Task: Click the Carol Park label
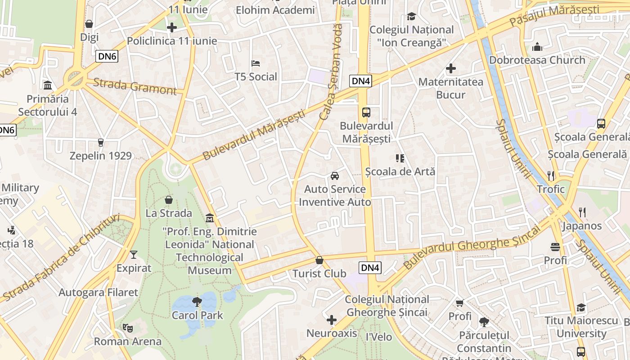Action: [x=197, y=315]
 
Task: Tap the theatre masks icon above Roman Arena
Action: [x=127, y=328]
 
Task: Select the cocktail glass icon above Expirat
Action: [x=134, y=255]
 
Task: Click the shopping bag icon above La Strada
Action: [x=169, y=199]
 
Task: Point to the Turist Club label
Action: [x=319, y=274]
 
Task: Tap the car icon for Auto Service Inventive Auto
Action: [x=335, y=175]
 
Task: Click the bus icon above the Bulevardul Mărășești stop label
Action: [x=366, y=112]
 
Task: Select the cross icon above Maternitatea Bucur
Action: [x=451, y=68]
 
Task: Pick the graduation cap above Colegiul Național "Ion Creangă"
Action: [x=411, y=17]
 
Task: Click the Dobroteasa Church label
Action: [x=537, y=60]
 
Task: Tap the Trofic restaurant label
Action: [x=550, y=189]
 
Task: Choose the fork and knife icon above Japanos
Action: [x=582, y=212]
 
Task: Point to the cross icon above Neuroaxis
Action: [x=332, y=320]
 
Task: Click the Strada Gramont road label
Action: [x=135, y=86]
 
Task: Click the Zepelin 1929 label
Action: [x=100, y=156]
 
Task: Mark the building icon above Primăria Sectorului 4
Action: [x=48, y=85]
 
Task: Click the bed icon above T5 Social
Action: [x=256, y=63]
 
